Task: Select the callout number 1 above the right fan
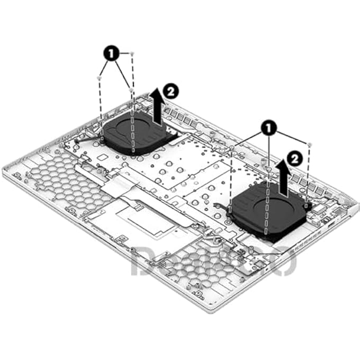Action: coord(269,127)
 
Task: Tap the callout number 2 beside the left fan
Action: coord(170,92)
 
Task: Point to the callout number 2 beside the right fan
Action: coord(295,158)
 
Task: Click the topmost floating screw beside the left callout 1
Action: coord(132,54)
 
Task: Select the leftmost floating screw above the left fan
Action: coord(100,78)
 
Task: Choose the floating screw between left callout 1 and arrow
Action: coord(131,90)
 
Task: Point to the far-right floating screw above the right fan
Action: coord(309,145)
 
